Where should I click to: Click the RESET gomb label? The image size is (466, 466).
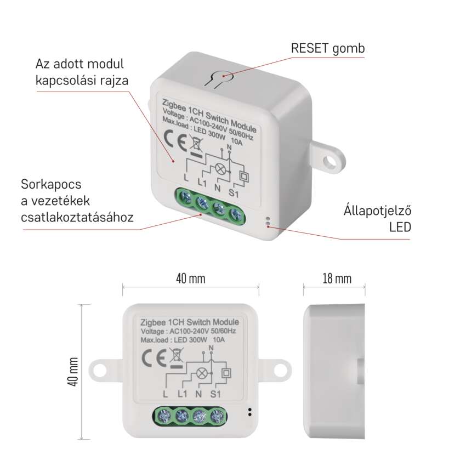pos(327,48)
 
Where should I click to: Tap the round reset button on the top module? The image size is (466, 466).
pos(223,76)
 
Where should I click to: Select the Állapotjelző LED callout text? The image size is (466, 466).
pos(377,219)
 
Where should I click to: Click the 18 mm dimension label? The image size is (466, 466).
pos(337,279)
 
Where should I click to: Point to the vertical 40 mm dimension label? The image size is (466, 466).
pos(73,372)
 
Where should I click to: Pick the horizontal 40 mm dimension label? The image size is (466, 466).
pos(190,279)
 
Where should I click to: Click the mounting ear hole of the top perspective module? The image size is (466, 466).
pos(330,161)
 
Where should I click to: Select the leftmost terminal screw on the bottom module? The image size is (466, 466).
pos(164,416)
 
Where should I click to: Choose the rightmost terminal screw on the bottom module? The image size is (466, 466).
pos(217,416)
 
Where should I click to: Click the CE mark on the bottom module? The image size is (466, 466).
pos(154,357)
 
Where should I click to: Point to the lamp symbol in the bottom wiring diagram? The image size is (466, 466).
pos(202,373)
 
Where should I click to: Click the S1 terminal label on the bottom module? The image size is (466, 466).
pos(215,394)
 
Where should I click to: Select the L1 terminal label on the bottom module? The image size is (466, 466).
pos(182,394)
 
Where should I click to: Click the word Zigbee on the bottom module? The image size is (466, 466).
pos(153,323)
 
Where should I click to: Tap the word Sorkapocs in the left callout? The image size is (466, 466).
pos(51,185)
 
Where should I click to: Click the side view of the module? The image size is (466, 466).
pos(334,371)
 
